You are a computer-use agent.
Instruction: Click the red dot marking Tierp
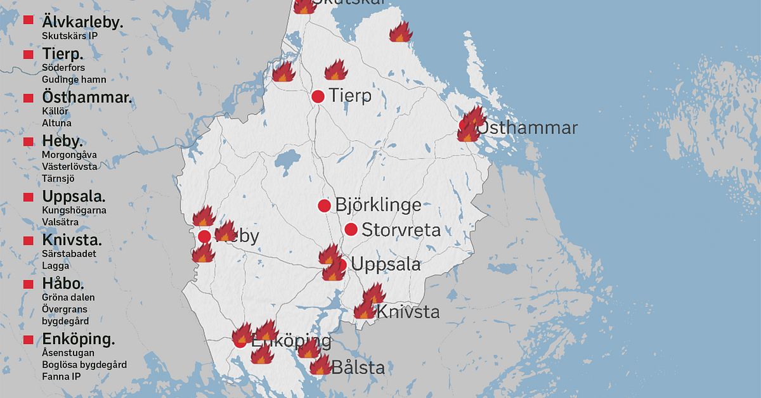tap(318, 96)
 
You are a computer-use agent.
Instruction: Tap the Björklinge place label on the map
tap(378, 205)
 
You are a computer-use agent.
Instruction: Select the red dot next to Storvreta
tap(351, 229)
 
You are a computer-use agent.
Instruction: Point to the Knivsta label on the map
tap(408, 312)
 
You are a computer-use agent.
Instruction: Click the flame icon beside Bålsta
tap(321, 365)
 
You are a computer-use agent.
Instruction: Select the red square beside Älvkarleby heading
tap(29, 20)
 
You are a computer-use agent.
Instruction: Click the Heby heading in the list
tap(63, 141)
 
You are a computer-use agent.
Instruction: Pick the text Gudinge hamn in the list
tap(74, 79)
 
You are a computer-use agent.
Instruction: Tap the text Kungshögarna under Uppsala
tap(74, 210)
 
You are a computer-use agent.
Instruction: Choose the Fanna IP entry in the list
tap(62, 376)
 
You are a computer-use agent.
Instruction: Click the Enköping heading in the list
tap(78, 339)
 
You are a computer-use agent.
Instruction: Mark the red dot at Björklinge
tap(324, 205)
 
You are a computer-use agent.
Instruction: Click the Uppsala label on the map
tap(385, 264)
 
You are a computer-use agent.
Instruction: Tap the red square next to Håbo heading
tap(29, 284)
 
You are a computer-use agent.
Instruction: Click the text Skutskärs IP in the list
tap(70, 35)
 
